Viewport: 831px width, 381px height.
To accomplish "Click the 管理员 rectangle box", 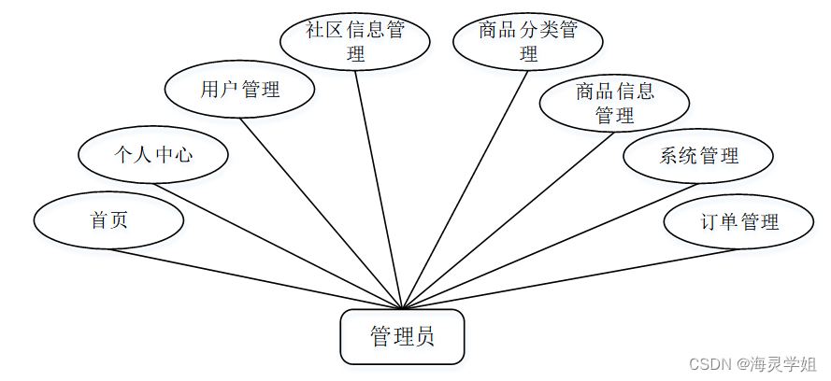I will click(401, 336).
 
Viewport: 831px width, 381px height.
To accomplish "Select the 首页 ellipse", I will click(108, 220).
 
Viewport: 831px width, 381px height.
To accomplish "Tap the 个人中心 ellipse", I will click(153, 154).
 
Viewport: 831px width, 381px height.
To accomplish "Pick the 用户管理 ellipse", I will click(239, 90).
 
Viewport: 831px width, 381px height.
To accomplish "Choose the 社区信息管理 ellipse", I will click(355, 42).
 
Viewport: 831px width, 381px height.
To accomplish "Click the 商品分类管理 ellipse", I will click(528, 42).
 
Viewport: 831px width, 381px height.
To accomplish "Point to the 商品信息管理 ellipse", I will click(614, 103).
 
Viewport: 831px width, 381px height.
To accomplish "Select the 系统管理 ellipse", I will click(698, 155).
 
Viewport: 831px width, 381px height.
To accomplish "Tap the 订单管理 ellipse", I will click(738, 222).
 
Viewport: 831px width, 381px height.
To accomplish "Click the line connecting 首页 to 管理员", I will click(252, 278).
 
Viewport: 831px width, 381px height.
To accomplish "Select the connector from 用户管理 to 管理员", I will click(322, 213).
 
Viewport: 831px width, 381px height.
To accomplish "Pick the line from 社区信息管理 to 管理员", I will click(379, 187).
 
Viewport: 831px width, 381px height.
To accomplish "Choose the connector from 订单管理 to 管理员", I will click(570, 278).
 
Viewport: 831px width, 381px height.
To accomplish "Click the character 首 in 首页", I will click(98, 220).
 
